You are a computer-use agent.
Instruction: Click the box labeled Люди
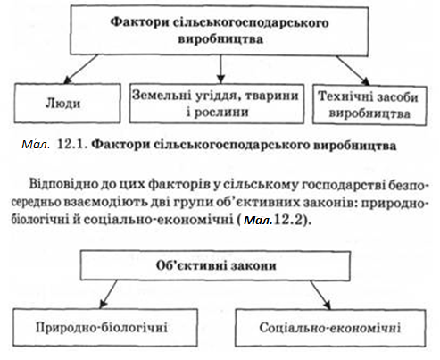(68, 103)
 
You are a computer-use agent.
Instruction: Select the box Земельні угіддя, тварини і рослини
(217, 104)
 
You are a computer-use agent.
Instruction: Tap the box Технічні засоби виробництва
(369, 105)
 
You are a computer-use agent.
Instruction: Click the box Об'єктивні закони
(215, 265)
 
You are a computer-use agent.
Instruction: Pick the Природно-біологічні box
(105, 328)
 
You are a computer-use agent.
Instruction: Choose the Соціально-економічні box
(330, 328)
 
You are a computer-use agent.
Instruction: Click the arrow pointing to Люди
(81, 69)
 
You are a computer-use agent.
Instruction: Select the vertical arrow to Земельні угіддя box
(220, 69)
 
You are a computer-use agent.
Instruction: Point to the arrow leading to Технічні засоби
(353, 71)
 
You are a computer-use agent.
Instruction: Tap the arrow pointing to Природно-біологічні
(109, 294)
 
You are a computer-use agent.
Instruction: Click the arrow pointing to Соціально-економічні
(320, 295)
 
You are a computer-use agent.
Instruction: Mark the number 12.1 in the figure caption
(71, 145)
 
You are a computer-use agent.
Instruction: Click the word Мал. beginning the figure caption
(36, 145)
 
